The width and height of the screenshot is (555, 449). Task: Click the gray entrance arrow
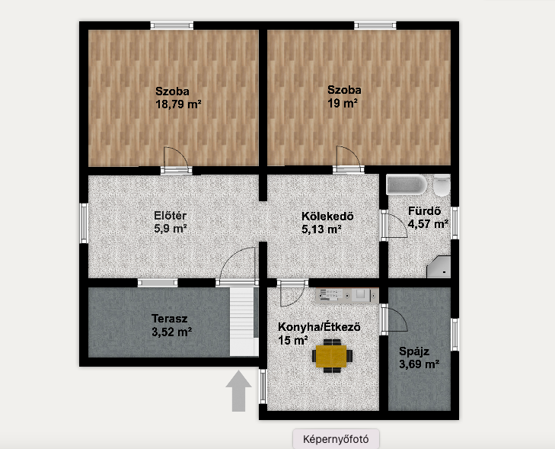click(239, 391)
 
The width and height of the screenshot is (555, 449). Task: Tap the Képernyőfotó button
click(336, 439)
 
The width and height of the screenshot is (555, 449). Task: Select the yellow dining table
click(331, 356)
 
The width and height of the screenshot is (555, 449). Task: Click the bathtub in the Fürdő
click(407, 184)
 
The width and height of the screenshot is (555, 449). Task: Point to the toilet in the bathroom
click(442, 185)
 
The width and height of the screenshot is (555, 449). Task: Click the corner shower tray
click(439, 267)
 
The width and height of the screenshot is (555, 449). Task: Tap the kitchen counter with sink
click(347, 296)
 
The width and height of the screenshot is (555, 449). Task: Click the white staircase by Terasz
click(244, 321)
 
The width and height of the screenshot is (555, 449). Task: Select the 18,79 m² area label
click(178, 104)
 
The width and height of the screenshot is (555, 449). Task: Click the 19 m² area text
click(343, 104)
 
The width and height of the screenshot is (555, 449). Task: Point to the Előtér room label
click(171, 216)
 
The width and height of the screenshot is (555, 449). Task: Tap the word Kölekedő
click(327, 216)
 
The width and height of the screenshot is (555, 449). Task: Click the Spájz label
click(414, 351)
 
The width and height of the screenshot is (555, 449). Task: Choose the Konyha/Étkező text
click(319, 327)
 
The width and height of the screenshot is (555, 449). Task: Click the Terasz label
click(170, 318)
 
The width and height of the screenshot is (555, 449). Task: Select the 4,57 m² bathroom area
click(429, 224)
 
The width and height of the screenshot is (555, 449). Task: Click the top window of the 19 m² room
click(375, 25)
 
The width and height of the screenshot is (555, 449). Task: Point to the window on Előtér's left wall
click(84, 223)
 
